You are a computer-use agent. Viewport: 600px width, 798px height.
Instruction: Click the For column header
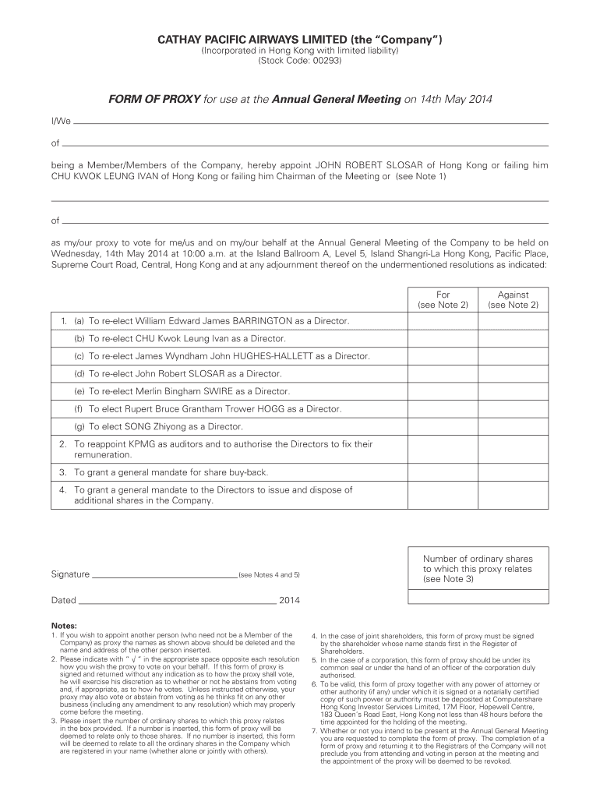[x=443, y=295]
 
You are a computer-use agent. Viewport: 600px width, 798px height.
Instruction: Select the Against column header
[x=513, y=295]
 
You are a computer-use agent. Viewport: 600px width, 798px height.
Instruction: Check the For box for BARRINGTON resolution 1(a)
[x=443, y=321]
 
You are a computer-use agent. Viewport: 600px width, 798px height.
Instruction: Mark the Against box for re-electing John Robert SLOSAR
[x=513, y=374]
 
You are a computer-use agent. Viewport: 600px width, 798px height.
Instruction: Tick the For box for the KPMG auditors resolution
[x=443, y=448]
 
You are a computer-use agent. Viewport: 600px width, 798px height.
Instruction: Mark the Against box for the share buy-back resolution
[x=513, y=472]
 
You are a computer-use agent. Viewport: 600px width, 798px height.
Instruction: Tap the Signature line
[x=164, y=577]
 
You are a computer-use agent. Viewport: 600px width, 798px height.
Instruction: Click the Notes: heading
[x=64, y=626]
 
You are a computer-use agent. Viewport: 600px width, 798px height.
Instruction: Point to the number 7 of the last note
[x=313, y=731]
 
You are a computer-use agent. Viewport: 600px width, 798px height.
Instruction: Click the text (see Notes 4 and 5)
[x=269, y=575]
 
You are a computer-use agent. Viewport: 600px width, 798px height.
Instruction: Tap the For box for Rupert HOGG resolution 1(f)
[x=443, y=409]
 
